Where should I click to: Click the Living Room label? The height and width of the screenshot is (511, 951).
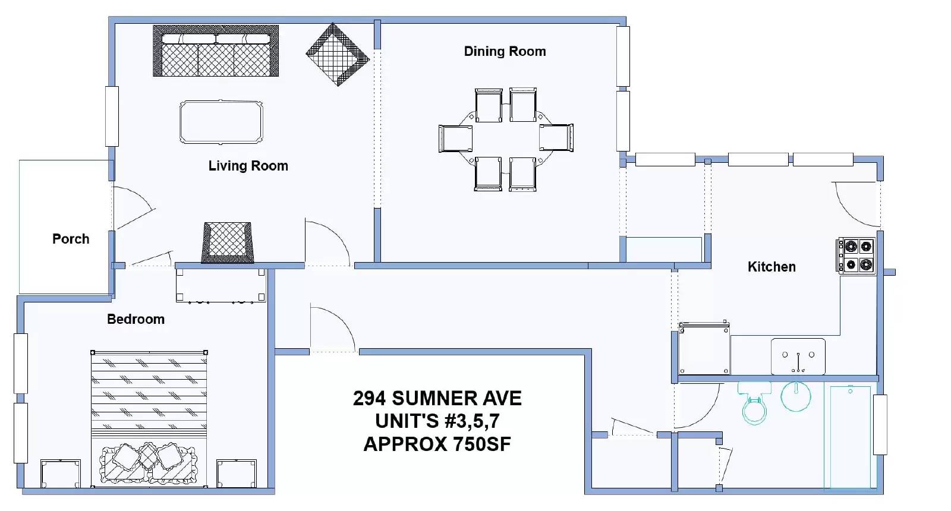tap(248, 166)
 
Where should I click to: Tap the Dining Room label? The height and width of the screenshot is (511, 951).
tap(505, 51)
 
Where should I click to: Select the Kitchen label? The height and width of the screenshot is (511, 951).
tap(771, 267)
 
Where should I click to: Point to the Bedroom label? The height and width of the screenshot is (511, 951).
tap(136, 319)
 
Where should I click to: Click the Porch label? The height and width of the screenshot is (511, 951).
tap(71, 239)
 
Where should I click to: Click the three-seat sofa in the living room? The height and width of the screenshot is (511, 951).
tap(216, 51)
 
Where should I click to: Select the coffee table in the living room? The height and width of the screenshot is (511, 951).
tap(221, 122)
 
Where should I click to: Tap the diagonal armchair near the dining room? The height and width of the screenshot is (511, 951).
tap(338, 55)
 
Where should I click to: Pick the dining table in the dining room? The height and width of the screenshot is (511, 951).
tap(506, 139)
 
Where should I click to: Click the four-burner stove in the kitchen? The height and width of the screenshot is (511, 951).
tap(856, 255)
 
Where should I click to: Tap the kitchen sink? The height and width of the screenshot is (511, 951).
tap(798, 357)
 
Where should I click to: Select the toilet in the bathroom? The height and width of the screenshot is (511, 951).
tap(754, 403)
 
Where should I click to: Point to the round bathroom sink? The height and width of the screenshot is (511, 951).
tap(796, 396)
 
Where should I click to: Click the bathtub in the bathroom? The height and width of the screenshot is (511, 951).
tap(851, 437)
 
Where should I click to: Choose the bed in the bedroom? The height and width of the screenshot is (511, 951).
tap(149, 419)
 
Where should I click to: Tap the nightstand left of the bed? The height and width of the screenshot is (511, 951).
tap(60, 474)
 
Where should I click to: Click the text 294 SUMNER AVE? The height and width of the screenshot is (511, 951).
tap(437, 399)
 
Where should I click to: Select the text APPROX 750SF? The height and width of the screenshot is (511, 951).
tap(437, 444)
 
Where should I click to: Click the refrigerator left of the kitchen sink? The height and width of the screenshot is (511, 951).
tap(704, 348)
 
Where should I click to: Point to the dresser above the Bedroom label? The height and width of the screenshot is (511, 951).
tap(221, 285)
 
